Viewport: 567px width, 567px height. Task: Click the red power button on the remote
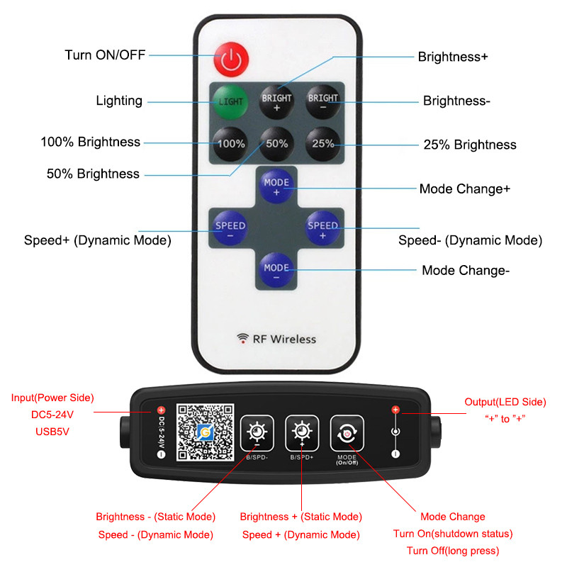[230, 60]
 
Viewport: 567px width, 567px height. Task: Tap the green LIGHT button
[230, 101]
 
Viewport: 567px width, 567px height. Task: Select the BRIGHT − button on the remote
[323, 101]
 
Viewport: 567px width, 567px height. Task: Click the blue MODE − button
[276, 271]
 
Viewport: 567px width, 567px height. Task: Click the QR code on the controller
[205, 434]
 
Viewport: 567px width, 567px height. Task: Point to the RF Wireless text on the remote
[276, 339]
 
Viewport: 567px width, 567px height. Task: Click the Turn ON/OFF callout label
[105, 55]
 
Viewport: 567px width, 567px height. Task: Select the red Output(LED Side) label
[505, 402]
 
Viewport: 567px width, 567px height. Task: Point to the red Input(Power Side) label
[52, 398]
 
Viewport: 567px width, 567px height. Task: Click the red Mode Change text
[453, 517]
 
